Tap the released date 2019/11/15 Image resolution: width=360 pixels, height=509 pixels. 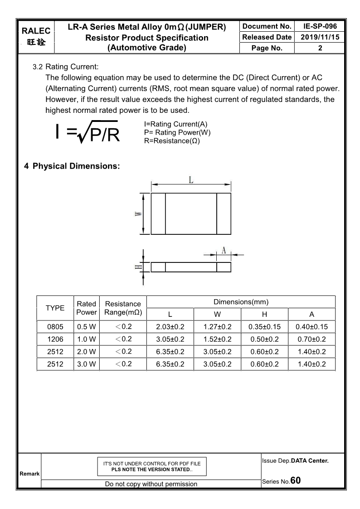click(x=320, y=37)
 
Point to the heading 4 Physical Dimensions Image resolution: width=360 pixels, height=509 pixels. click(x=72, y=166)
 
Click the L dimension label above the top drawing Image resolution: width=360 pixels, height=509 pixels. click(x=191, y=180)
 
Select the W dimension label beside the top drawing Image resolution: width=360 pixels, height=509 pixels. click(x=137, y=214)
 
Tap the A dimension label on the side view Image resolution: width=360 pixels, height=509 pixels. click(x=224, y=250)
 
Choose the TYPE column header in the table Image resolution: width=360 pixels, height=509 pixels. click(x=55, y=308)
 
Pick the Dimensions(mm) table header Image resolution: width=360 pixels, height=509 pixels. click(x=241, y=302)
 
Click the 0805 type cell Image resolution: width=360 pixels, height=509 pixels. click(x=55, y=327)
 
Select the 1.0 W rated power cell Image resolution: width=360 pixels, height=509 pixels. click(x=86, y=339)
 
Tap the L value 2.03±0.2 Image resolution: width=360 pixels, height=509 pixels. click(x=170, y=327)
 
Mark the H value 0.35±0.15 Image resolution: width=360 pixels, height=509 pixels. click(x=264, y=327)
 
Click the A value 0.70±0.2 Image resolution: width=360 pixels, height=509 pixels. click(x=311, y=339)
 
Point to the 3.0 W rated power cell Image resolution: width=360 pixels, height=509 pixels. click(x=86, y=364)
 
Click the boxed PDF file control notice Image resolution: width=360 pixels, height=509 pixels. click(x=152, y=466)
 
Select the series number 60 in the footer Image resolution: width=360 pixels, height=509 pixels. click(x=295, y=480)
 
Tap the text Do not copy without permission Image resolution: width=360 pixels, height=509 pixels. click(x=151, y=484)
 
